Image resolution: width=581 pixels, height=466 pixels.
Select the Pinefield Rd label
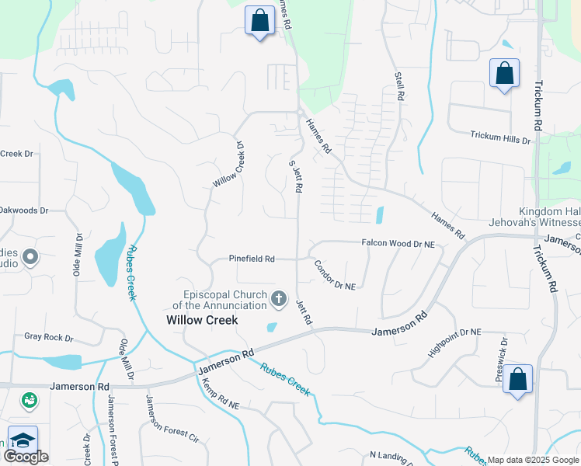pyautogui.click(x=252, y=259)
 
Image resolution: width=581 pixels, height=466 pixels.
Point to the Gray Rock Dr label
pyautogui.click(x=48, y=338)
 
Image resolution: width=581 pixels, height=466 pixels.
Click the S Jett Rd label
pyautogui.click(x=296, y=177)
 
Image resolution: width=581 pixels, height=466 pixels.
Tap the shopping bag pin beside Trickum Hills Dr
pyautogui.click(x=504, y=74)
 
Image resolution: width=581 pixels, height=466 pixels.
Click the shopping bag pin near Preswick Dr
pyautogui.click(x=517, y=380)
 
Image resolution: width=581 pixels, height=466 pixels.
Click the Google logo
pyautogui.click(x=26, y=457)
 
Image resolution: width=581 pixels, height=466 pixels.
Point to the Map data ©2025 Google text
pyautogui.click(x=531, y=460)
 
